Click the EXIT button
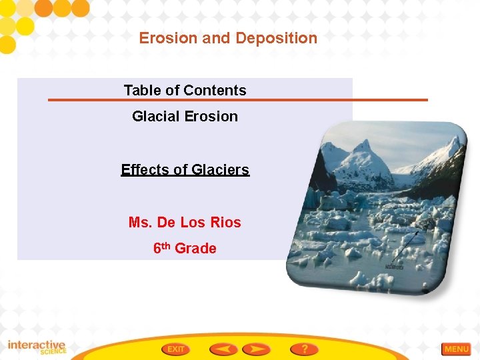[x=175, y=349]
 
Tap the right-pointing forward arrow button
[x=256, y=349]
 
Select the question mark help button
[x=304, y=349]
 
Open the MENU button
[x=456, y=349]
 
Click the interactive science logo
[x=37, y=347]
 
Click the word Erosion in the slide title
[x=169, y=38]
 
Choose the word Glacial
[x=157, y=116]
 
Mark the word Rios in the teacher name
[x=227, y=222]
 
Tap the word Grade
[x=195, y=248]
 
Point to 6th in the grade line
[x=161, y=247]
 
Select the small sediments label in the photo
[x=394, y=267]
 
